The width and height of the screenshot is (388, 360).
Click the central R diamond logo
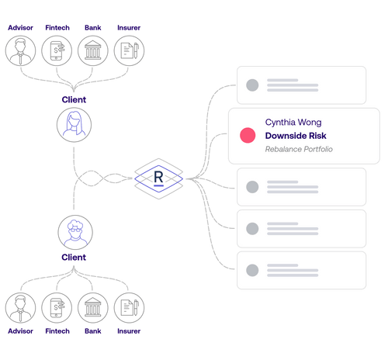pyautogui.click(x=159, y=178)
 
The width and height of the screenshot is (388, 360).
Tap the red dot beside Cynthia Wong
pyautogui.click(x=248, y=136)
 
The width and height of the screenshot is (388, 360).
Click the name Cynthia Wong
pyautogui.click(x=293, y=123)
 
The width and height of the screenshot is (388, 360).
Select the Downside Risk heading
pyautogui.click(x=296, y=136)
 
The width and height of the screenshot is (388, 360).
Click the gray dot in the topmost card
pyautogui.click(x=252, y=85)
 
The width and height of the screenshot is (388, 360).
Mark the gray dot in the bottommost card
pyautogui.click(x=252, y=270)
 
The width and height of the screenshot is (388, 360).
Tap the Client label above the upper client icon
pyautogui.click(x=74, y=100)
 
